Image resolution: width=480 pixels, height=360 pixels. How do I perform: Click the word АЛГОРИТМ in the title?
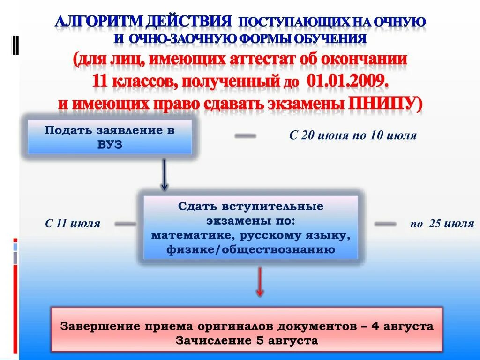click(x=97, y=22)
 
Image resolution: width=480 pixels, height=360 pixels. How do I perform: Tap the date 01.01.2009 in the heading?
click(x=348, y=81)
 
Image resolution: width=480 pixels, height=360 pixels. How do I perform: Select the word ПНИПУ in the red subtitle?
click(x=382, y=103)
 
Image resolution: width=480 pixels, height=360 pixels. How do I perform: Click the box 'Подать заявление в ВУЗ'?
click(x=110, y=137)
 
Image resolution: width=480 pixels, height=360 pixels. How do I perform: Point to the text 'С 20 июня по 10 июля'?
click(x=352, y=136)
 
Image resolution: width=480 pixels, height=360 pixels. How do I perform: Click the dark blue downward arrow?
click(x=164, y=174)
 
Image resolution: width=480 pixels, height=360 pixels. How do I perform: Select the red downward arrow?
click(x=260, y=282)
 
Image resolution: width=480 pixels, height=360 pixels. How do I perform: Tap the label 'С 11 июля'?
click(x=73, y=224)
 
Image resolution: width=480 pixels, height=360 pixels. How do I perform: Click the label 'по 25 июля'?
click(x=442, y=224)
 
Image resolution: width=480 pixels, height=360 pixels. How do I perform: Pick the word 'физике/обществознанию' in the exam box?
click(x=251, y=250)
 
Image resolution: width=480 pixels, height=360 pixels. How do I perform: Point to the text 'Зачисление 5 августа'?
click(x=247, y=341)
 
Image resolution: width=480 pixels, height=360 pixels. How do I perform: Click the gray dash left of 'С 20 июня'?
click(x=245, y=136)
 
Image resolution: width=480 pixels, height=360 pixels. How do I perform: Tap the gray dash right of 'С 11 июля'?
click(x=125, y=224)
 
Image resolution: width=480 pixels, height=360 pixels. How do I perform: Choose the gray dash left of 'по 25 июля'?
click(x=385, y=224)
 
